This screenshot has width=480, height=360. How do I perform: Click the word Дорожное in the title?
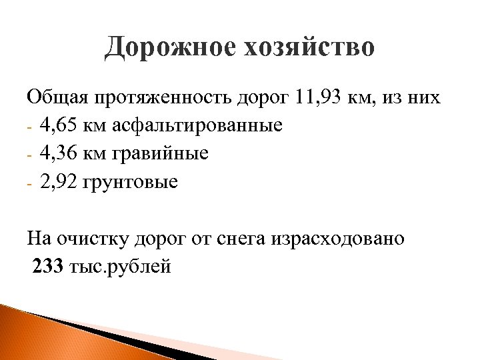click(167, 49)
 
